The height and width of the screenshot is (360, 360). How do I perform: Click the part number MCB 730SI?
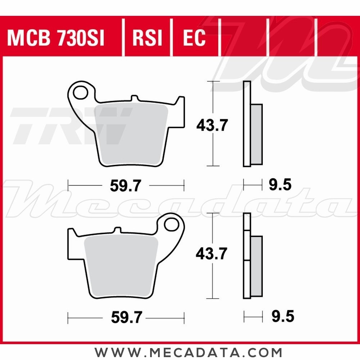(56, 38)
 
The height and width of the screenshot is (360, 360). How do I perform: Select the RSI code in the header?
(148, 38)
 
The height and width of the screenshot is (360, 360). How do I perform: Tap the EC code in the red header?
(194, 38)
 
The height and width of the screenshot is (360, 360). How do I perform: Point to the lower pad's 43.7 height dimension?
(211, 254)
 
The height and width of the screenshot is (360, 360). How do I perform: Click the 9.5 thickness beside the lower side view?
(283, 317)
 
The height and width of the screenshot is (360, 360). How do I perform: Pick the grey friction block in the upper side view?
(256, 134)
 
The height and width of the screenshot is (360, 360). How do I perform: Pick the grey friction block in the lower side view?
(256, 266)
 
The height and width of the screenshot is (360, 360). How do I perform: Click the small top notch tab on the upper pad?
(134, 98)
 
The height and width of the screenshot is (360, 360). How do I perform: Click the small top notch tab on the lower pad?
(117, 230)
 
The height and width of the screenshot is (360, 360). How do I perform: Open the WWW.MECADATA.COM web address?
(188, 352)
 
